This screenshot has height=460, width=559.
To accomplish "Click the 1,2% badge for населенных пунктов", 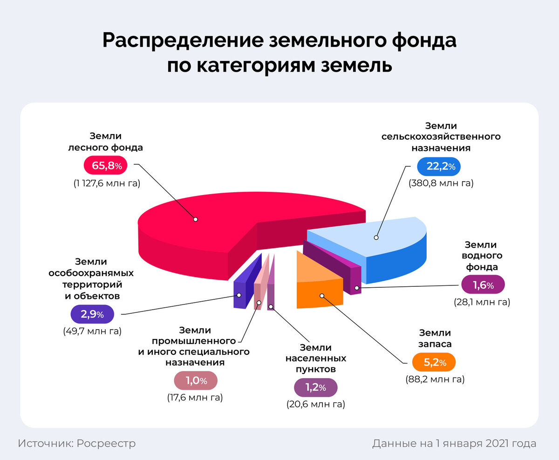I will (315, 387).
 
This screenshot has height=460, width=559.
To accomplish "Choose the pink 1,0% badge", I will (196, 381).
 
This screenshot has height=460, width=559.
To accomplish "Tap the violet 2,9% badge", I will (92, 315).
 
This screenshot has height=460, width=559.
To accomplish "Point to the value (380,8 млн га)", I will (441, 183).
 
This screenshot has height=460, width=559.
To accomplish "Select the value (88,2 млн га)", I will (435, 379).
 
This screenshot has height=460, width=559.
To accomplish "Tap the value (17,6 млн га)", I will (195, 398).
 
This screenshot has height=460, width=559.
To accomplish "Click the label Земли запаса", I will (435, 338).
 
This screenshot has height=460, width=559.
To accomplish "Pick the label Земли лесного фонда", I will (105, 142).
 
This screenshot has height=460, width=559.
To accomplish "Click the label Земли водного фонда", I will (480, 256).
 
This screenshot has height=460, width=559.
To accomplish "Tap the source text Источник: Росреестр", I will (77, 443).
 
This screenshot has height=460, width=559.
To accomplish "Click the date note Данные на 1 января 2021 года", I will (454, 443).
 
